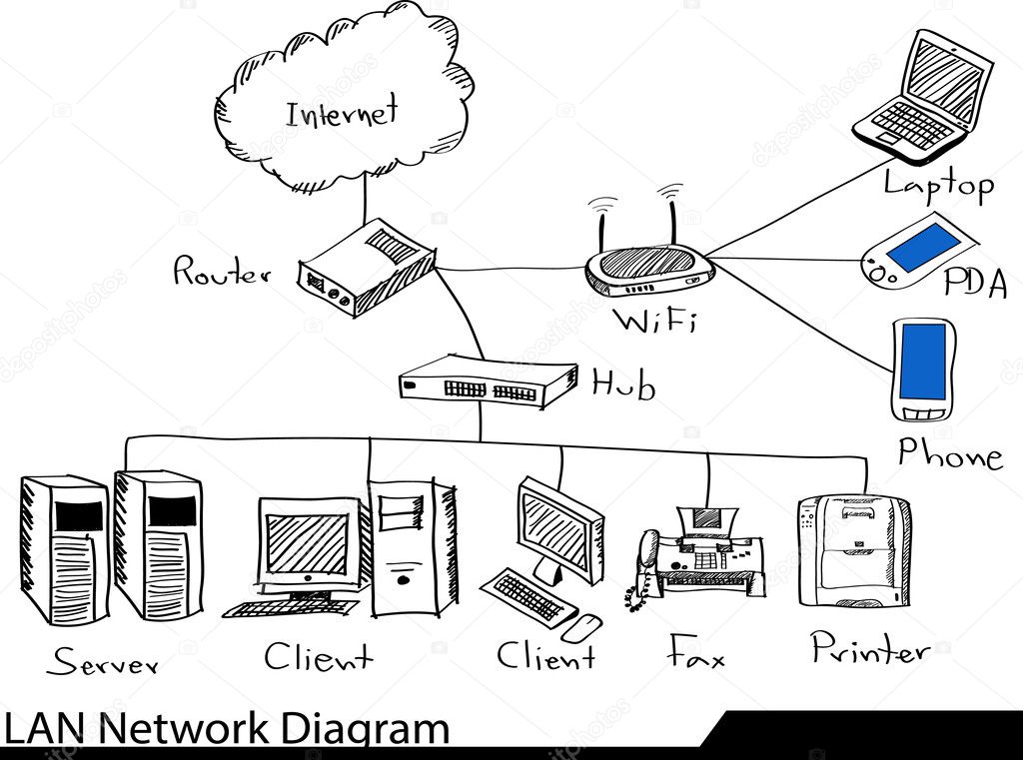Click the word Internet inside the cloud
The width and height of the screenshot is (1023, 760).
pyautogui.click(x=342, y=112)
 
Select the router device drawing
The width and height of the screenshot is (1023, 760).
pyautogui.click(x=366, y=268)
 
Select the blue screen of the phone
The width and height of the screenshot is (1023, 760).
pyautogui.click(x=922, y=361)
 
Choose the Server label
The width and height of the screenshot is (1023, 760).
pyautogui.click(x=103, y=660)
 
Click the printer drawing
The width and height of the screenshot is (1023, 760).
pyautogui.click(x=854, y=551)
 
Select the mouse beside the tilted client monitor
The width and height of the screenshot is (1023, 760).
pyautogui.click(x=581, y=626)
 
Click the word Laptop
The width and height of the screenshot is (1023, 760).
pyautogui.click(x=938, y=185)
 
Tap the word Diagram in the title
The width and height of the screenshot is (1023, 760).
pyautogui.click(x=364, y=729)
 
